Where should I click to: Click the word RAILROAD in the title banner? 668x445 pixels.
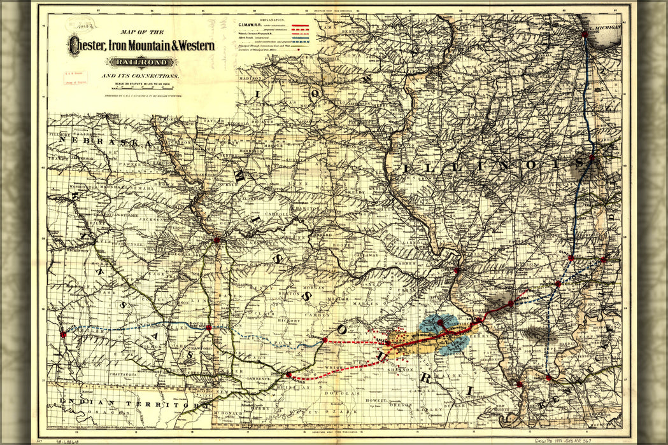pos(143,62)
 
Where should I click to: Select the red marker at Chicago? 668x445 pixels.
pos(584,35)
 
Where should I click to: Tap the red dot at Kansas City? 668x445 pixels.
pos(217,240)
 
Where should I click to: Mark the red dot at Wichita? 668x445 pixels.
pos(62,334)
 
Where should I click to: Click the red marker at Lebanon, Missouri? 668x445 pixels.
pos(325,340)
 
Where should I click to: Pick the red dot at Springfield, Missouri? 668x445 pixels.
pos(288,375)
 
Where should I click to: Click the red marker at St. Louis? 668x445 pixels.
pos(457,271)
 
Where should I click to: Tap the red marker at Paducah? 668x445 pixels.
pos(548,378)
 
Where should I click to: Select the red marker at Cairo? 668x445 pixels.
pos(519,384)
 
